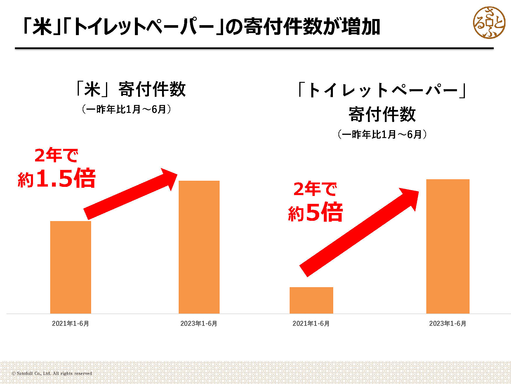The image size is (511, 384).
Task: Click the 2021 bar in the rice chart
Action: point(71,267)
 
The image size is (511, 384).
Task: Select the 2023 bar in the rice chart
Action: point(199,247)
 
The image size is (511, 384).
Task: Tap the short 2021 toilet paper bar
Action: point(311,300)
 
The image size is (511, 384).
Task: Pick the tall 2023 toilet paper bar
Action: point(448,246)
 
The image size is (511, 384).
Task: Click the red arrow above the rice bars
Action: point(131,194)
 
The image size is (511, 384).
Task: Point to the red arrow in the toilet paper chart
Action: point(359,232)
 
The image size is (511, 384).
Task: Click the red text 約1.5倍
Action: point(57,178)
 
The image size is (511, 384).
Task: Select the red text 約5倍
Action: point(315,212)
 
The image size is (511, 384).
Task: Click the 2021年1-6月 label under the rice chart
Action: point(70,323)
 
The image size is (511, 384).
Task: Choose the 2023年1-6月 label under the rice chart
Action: point(199,323)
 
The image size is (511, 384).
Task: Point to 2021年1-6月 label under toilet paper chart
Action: point(311,323)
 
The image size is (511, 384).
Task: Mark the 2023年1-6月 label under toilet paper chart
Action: point(448,323)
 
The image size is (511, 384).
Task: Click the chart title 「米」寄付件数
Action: point(130,89)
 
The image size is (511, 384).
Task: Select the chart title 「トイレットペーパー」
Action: point(382,90)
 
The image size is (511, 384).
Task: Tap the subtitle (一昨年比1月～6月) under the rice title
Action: point(126,109)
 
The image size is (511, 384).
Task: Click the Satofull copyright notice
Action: point(52,373)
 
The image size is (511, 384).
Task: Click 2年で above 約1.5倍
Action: point(56,155)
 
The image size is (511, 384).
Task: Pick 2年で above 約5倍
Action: point(315,189)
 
